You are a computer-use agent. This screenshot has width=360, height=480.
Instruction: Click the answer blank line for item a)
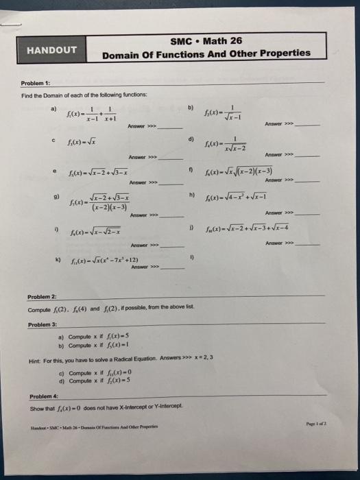[171, 128]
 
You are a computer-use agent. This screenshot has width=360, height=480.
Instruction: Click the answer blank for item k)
[171, 268]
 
